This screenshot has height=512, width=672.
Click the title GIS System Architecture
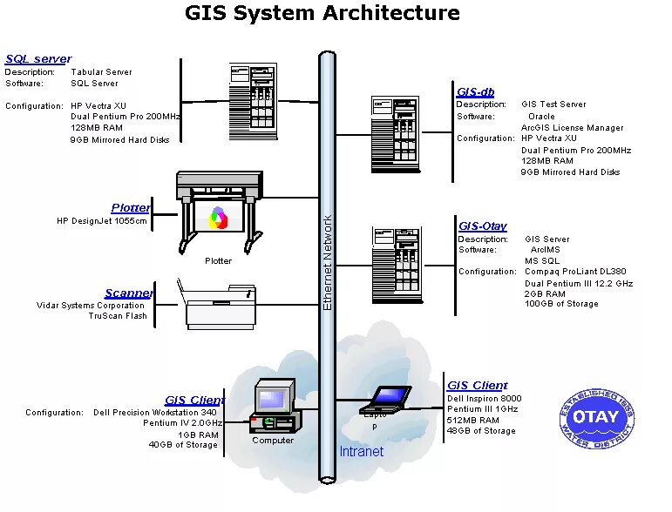click(x=322, y=13)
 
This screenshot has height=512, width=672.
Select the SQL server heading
click(x=38, y=59)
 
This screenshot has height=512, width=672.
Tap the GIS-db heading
click(x=476, y=91)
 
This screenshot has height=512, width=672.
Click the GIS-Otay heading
click(x=482, y=226)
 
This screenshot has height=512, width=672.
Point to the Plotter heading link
click(x=131, y=208)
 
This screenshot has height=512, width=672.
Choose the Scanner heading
click(x=129, y=293)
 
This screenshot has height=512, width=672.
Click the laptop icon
click(x=385, y=399)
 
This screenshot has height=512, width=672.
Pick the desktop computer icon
click(x=275, y=406)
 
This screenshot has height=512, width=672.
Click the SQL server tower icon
click(x=253, y=100)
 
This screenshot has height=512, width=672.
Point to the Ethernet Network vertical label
click(x=328, y=261)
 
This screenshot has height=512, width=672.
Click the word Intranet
click(x=361, y=452)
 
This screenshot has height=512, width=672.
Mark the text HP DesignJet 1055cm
click(x=102, y=221)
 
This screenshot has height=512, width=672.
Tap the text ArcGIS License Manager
click(x=573, y=128)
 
